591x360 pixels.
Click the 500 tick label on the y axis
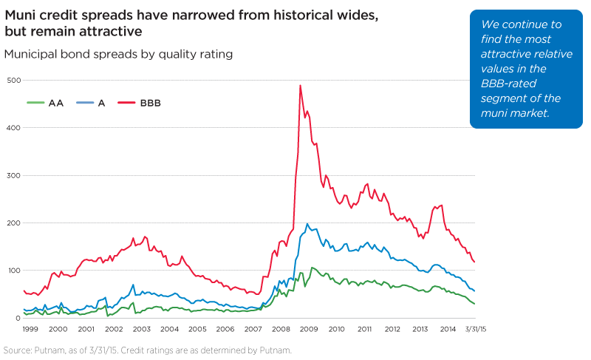click(13, 80)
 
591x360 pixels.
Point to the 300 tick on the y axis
click(13, 175)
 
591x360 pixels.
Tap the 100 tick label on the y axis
click(13, 271)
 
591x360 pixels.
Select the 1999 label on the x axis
click(31, 329)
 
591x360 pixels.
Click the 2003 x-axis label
click(141, 329)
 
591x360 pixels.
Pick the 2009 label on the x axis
click(309, 329)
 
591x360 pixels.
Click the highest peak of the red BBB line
click(300, 85)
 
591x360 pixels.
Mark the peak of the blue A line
click(307, 224)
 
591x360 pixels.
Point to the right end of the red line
click(474, 262)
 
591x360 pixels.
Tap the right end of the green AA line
click(474, 304)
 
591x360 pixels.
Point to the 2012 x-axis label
click(392, 329)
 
